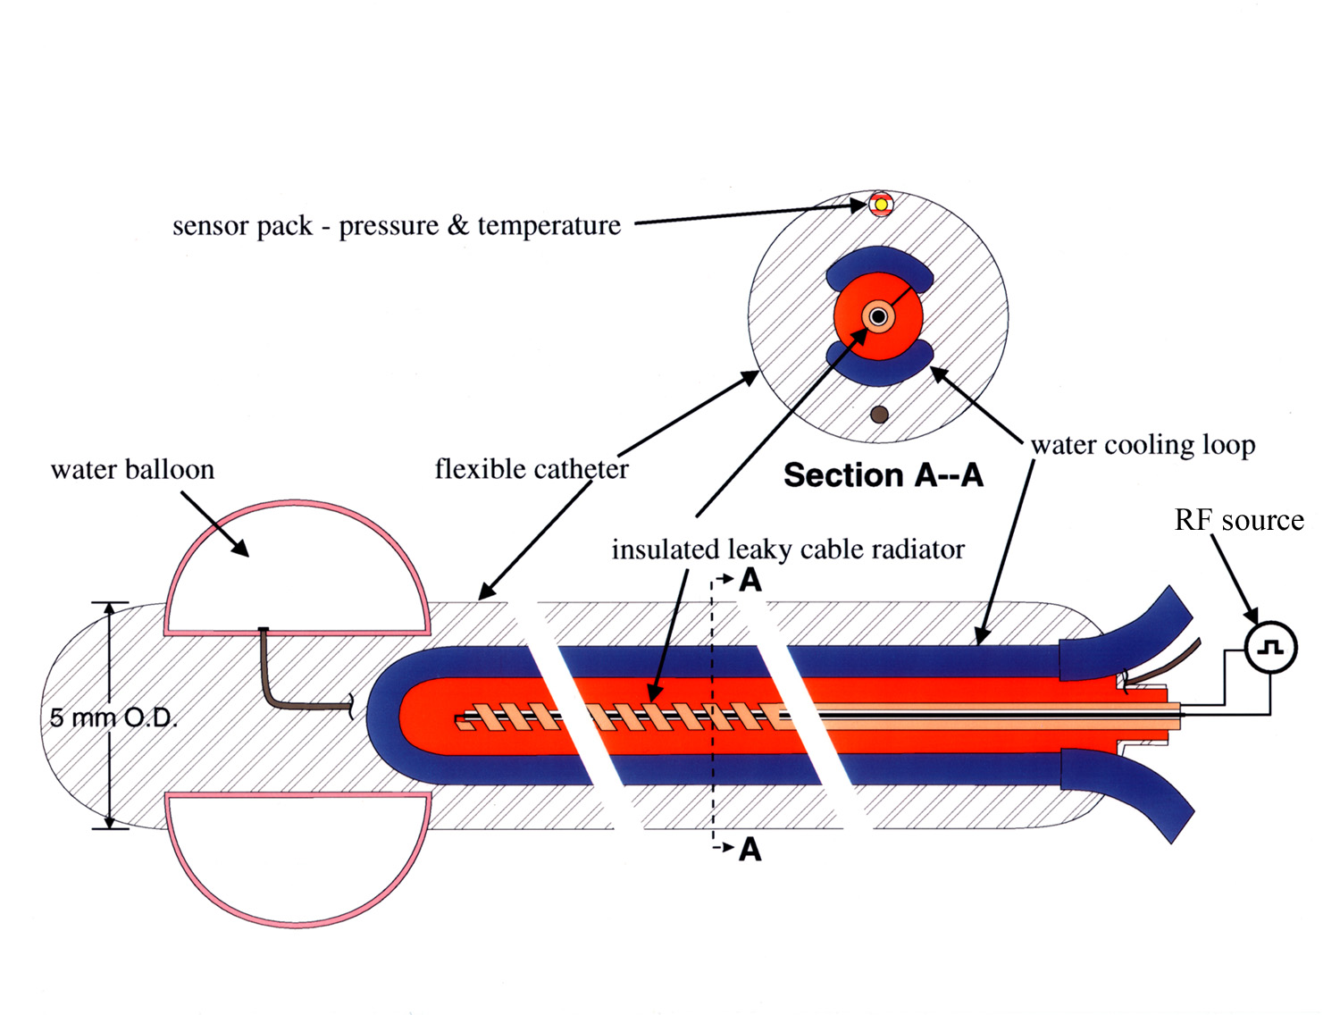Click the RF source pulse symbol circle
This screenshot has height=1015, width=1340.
tap(1270, 647)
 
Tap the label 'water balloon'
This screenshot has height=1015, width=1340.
tap(132, 470)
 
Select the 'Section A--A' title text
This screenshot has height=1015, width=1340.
tap(883, 475)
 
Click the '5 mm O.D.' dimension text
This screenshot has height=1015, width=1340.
tap(113, 717)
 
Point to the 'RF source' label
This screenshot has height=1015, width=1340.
tap(1238, 520)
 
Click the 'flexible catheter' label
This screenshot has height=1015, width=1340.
tap(532, 469)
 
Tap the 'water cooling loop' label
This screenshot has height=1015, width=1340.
tap(1143, 445)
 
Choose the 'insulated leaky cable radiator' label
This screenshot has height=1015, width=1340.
tap(788, 549)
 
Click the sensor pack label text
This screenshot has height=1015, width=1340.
tap(396, 226)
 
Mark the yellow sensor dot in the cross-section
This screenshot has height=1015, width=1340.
tap(881, 205)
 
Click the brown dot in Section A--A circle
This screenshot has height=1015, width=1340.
tap(879, 415)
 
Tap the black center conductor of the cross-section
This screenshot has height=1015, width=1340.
tap(878, 316)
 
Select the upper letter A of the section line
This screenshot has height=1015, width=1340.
tap(750, 581)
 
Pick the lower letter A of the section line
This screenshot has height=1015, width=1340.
tap(750, 849)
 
